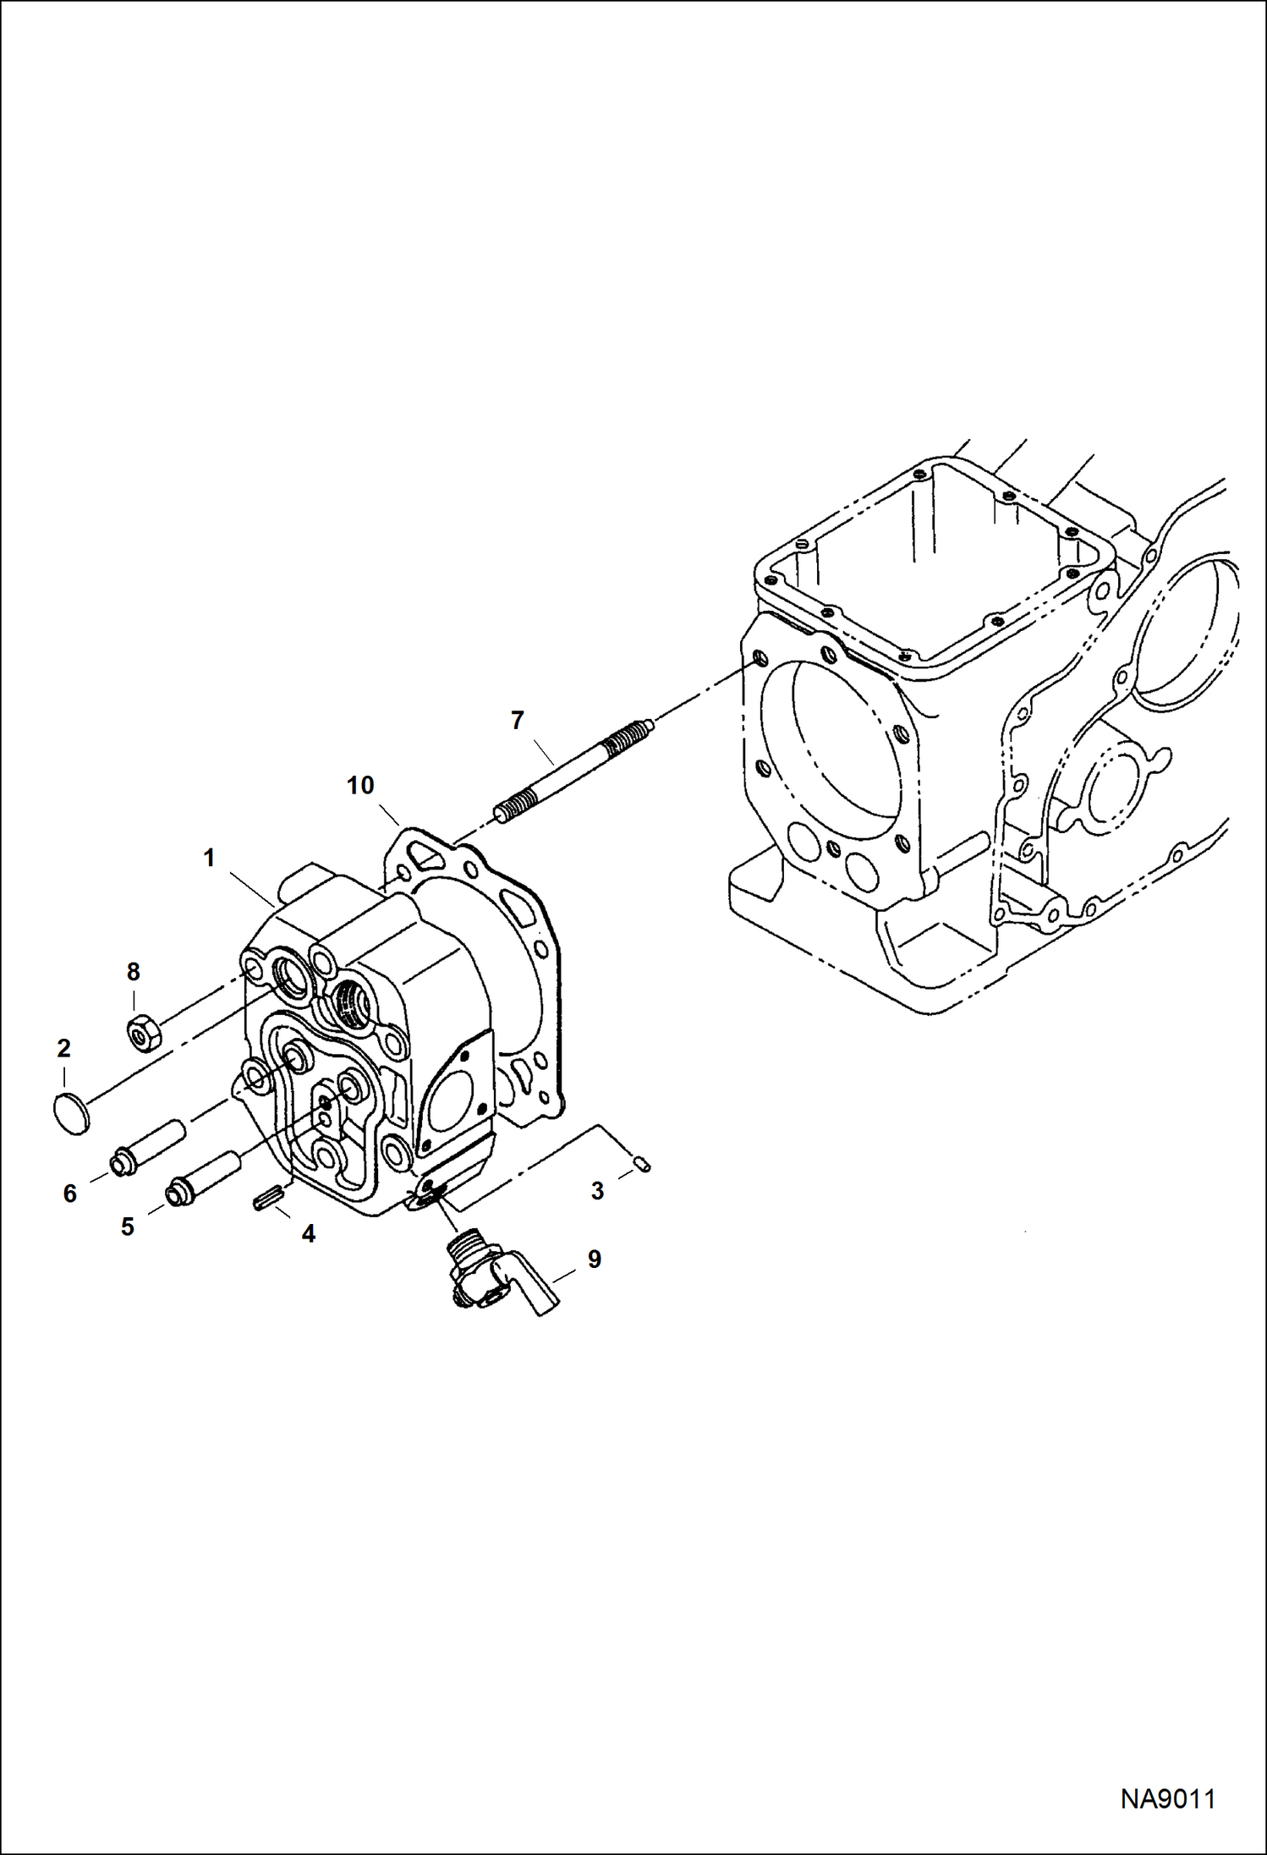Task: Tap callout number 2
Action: pos(63,1049)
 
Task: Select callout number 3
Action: pos(597,1191)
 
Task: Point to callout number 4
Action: pos(309,1234)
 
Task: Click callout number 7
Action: pos(517,721)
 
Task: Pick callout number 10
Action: pos(360,785)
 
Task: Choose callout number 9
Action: pos(595,1259)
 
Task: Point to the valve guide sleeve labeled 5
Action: pos(204,1177)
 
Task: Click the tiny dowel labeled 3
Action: pos(644,1165)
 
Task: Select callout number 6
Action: pos(70,1194)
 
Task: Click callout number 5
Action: pos(128,1227)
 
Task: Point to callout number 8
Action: pos(133,972)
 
